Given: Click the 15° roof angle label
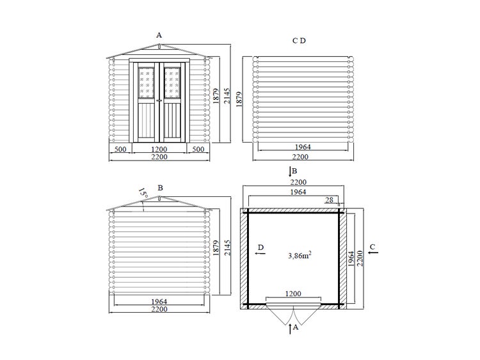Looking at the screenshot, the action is (x=143, y=192).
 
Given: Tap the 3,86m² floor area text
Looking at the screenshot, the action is (x=300, y=255).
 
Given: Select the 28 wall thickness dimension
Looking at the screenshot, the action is (x=329, y=200).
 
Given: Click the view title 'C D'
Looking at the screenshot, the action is (x=299, y=41).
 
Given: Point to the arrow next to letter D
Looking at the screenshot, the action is (x=260, y=253).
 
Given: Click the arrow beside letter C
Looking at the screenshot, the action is (x=373, y=253).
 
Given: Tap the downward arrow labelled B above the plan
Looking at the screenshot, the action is (x=290, y=172).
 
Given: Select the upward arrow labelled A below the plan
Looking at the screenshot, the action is (x=290, y=329).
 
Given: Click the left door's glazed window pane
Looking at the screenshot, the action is (x=147, y=82).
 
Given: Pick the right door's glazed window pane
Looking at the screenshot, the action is (x=172, y=82).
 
